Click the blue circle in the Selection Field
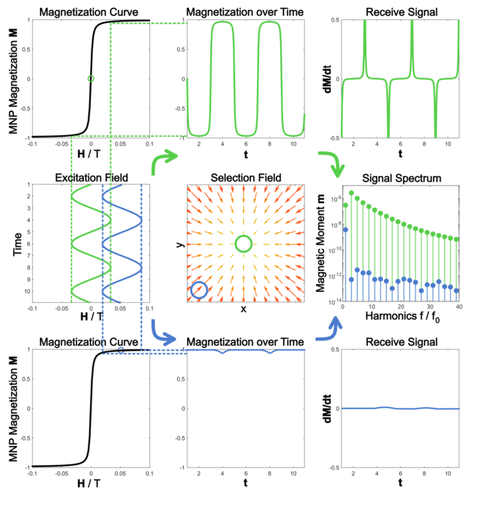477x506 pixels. (199, 290)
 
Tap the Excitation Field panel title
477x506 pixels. (91, 178)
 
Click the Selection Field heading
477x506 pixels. (245, 178)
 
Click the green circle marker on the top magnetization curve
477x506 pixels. (91, 78)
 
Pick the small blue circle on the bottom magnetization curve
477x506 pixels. (121, 351)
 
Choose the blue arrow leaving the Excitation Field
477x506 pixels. (165, 330)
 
